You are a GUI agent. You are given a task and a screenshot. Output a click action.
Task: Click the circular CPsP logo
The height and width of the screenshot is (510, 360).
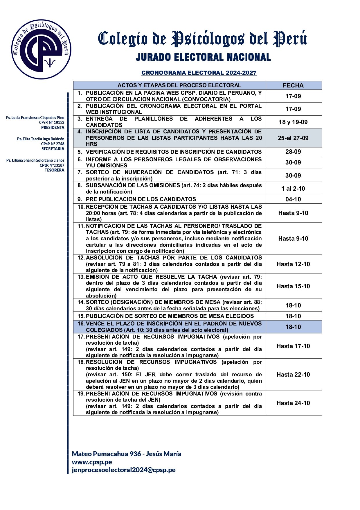tap(41, 50)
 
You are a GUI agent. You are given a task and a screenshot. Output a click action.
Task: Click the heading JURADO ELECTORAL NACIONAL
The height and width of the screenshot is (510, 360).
tap(203, 57)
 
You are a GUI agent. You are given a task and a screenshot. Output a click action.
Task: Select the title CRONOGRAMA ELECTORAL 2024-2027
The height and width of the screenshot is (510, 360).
tap(199, 73)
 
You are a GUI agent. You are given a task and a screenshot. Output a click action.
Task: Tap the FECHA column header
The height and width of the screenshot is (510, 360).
tap(293, 85)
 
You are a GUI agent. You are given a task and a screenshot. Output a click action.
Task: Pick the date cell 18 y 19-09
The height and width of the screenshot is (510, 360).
tap(293, 122)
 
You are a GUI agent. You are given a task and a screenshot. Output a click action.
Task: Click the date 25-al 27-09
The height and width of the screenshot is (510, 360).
tap(293, 138)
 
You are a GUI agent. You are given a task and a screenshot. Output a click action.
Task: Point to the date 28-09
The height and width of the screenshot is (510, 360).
tap(293, 152)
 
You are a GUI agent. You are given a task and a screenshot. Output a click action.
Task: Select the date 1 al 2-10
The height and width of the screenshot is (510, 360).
tap(293, 189)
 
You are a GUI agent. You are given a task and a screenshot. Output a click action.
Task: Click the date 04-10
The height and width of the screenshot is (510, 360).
tap(293, 199)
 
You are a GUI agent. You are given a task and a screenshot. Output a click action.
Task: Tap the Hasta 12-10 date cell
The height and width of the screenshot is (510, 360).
tap(293, 264)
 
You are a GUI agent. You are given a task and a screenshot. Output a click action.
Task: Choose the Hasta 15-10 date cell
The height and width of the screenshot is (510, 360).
tap(293, 286)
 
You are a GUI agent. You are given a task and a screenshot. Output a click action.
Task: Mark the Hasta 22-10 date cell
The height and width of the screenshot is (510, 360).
tap(293, 375)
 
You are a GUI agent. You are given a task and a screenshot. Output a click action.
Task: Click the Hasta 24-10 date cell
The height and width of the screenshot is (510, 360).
tap(293, 403)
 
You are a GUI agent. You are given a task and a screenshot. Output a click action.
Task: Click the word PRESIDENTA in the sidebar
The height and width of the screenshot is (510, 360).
tap(53, 128)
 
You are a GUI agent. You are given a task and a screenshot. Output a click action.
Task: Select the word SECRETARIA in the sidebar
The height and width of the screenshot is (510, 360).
tap(53, 149)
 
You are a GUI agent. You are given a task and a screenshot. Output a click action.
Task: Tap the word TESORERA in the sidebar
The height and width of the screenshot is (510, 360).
tap(54, 170)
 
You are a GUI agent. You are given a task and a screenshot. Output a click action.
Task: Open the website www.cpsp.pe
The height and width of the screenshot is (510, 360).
tap(92, 462)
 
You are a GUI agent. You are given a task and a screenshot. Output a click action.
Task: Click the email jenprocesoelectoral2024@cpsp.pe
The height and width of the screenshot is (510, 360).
tap(124, 470)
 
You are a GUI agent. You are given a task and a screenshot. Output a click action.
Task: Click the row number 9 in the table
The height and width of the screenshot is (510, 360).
tap(80, 199)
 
